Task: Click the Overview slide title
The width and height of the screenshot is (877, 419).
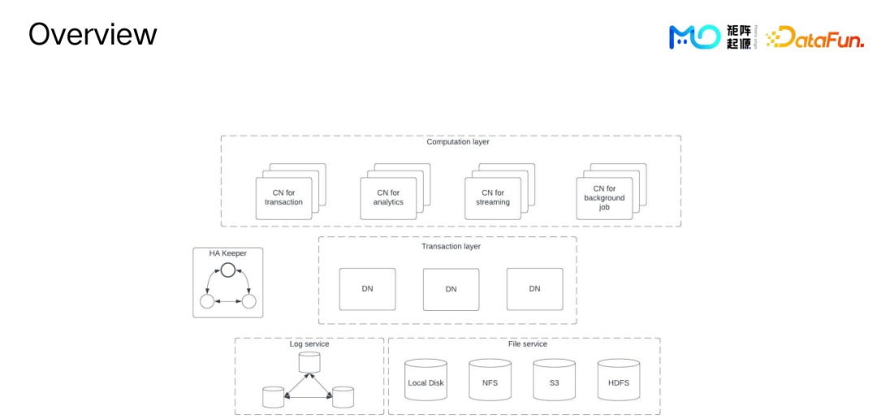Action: pyautogui.click(x=93, y=34)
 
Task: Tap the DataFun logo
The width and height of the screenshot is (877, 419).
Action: pyautogui.click(x=814, y=37)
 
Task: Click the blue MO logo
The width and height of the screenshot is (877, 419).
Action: pyautogui.click(x=694, y=37)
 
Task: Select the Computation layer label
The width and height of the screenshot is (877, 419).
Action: pyautogui.click(x=458, y=142)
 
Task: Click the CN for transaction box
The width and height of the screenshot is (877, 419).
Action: pyautogui.click(x=283, y=197)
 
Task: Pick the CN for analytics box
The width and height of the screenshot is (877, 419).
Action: pyautogui.click(x=388, y=197)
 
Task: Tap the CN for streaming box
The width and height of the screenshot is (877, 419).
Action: pyautogui.click(x=493, y=197)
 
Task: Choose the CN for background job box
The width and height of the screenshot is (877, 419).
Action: pyautogui.click(x=604, y=197)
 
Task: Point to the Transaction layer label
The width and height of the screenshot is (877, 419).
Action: pyautogui.click(x=451, y=246)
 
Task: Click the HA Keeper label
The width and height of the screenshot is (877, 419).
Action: pyautogui.click(x=227, y=253)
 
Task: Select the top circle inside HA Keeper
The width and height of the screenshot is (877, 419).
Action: pyautogui.click(x=228, y=270)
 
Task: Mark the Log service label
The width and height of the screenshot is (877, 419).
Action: pyautogui.click(x=309, y=344)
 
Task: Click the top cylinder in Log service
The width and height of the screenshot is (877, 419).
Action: pyautogui.click(x=309, y=362)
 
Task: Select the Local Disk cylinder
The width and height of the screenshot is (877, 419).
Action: pyautogui.click(x=426, y=380)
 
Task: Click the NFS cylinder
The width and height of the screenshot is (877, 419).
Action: pyautogui.click(x=490, y=380)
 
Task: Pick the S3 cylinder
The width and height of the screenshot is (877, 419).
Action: pyautogui.click(x=554, y=380)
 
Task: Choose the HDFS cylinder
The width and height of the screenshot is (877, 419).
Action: pyautogui.click(x=618, y=380)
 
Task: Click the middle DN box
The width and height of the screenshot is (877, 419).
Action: pyautogui.click(x=451, y=289)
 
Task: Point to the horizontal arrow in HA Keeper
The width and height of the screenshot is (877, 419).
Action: pyautogui.click(x=227, y=302)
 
